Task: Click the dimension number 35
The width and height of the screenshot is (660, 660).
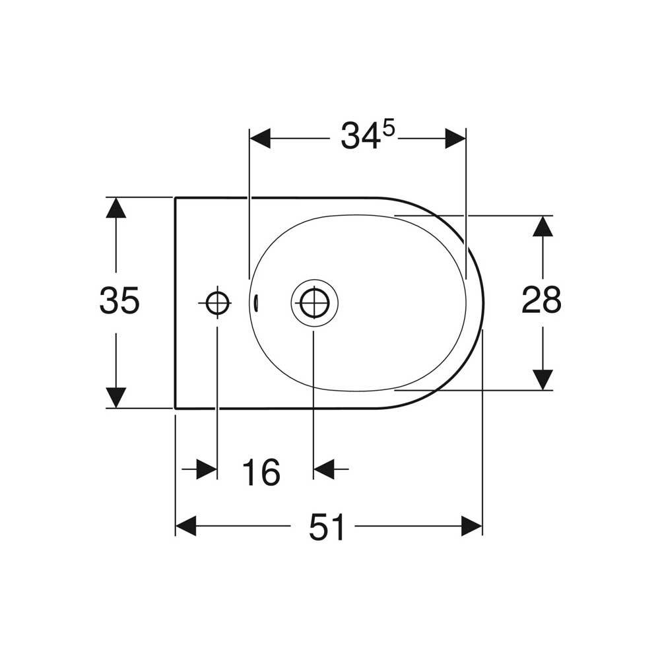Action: tap(119, 300)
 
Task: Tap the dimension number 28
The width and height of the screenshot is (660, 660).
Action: tap(541, 300)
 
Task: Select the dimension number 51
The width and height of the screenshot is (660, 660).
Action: tap(327, 527)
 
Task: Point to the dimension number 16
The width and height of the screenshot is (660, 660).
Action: tap(261, 473)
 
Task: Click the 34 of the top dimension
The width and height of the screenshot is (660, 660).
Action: tap(359, 135)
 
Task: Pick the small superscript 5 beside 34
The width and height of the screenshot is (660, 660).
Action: tap(389, 129)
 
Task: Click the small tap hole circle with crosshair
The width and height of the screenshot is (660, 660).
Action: tap(218, 302)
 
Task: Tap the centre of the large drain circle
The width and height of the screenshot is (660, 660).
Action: tap(314, 302)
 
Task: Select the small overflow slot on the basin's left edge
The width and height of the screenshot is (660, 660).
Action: tap(255, 303)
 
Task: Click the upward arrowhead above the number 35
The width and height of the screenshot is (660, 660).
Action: tap(116, 207)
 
